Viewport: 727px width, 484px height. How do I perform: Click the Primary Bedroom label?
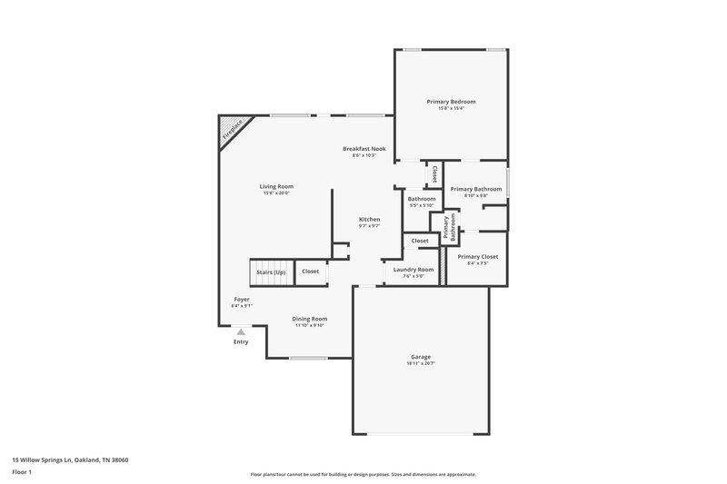(x=451, y=102)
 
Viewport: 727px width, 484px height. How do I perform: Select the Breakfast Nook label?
(x=363, y=149)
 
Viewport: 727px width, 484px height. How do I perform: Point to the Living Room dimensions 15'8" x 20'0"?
(x=277, y=193)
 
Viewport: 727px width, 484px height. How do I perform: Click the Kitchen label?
(x=369, y=219)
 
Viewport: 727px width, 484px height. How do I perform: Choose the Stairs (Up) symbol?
(x=270, y=272)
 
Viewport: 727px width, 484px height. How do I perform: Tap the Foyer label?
(x=242, y=299)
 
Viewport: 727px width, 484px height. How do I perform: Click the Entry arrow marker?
(x=241, y=333)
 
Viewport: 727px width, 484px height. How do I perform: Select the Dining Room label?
(x=310, y=319)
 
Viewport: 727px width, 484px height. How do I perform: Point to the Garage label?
(x=420, y=357)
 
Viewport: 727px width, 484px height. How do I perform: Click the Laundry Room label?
(x=413, y=270)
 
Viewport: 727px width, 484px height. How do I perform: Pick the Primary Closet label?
(x=477, y=257)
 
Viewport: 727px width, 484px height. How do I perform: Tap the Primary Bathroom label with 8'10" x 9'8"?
(x=476, y=189)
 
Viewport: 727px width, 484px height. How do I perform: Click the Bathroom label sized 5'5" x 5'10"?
(x=421, y=199)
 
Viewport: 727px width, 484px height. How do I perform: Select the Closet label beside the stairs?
(x=310, y=272)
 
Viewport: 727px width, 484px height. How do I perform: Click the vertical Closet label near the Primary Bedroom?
(x=434, y=173)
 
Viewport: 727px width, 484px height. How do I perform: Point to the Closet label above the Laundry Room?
(x=420, y=241)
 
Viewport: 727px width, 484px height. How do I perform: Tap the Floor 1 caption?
(x=23, y=473)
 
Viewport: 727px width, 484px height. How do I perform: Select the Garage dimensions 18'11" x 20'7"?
(x=420, y=363)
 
